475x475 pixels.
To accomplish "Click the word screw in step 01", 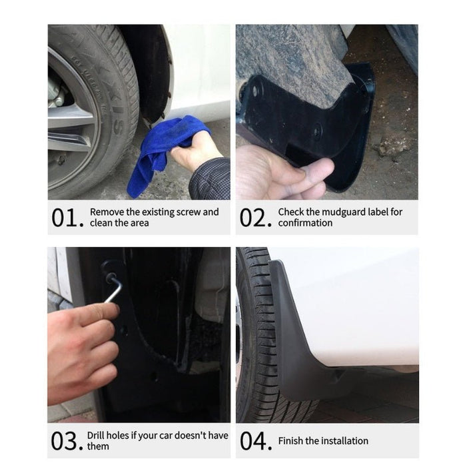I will click(x=189, y=212).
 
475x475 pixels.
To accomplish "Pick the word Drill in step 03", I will click(x=97, y=436).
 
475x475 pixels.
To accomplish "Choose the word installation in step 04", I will click(x=344, y=441).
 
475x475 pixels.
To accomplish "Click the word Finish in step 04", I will click(x=291, y=441).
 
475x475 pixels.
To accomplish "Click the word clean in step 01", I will click(x=101, y=223).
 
